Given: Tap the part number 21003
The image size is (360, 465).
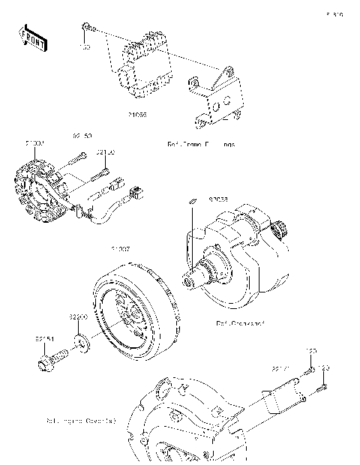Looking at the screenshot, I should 35,141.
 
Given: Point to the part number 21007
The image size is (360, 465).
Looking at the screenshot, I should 121,247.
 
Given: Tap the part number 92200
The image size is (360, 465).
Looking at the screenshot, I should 79,316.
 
